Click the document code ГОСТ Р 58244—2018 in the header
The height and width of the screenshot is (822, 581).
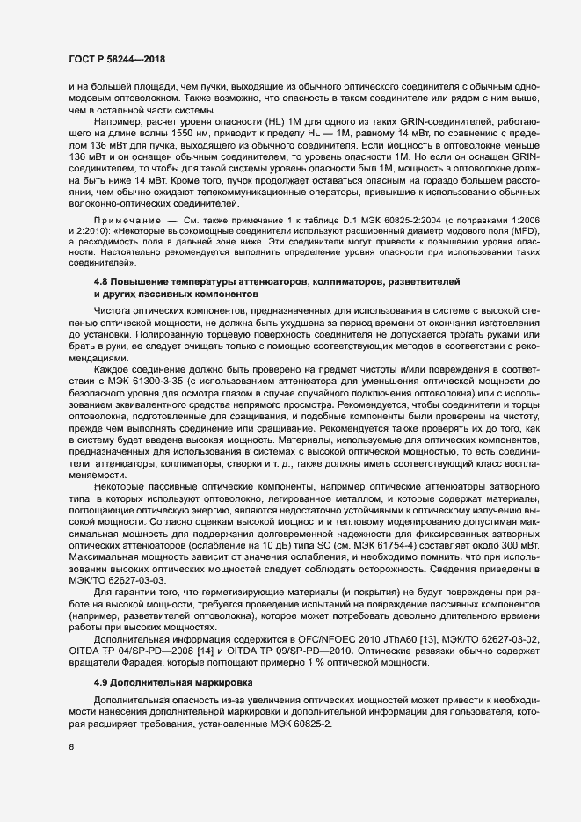[116, 59]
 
